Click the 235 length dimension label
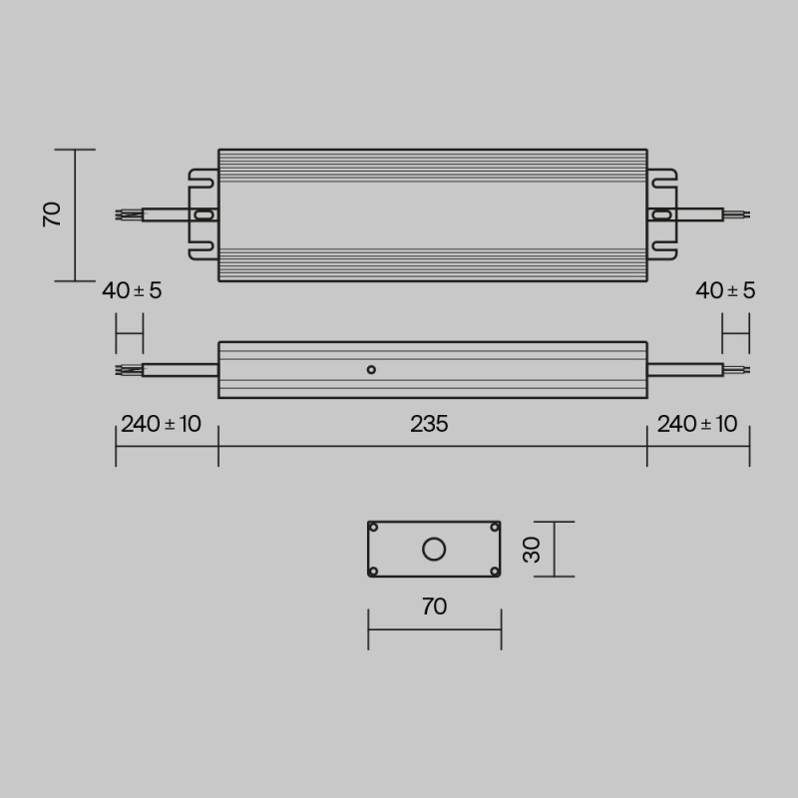point(429,424)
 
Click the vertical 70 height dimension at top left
point(53,213)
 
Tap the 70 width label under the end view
point(434,606)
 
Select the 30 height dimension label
point(533,549)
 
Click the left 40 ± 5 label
point(132,291)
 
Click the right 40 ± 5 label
point(725,291)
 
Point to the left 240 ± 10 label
point(161,424)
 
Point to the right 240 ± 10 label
point(697,424)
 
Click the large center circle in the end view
point(434,549)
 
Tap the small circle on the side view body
point(371,370)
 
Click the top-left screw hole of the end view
point(374,527)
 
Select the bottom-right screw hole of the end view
point(494,571)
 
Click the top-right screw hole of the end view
point(494,527)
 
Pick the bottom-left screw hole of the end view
point(374,571)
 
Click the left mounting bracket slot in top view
point(202,213)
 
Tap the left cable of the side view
point(180,370)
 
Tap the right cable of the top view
point(698,213)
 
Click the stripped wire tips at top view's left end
point(128,213)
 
